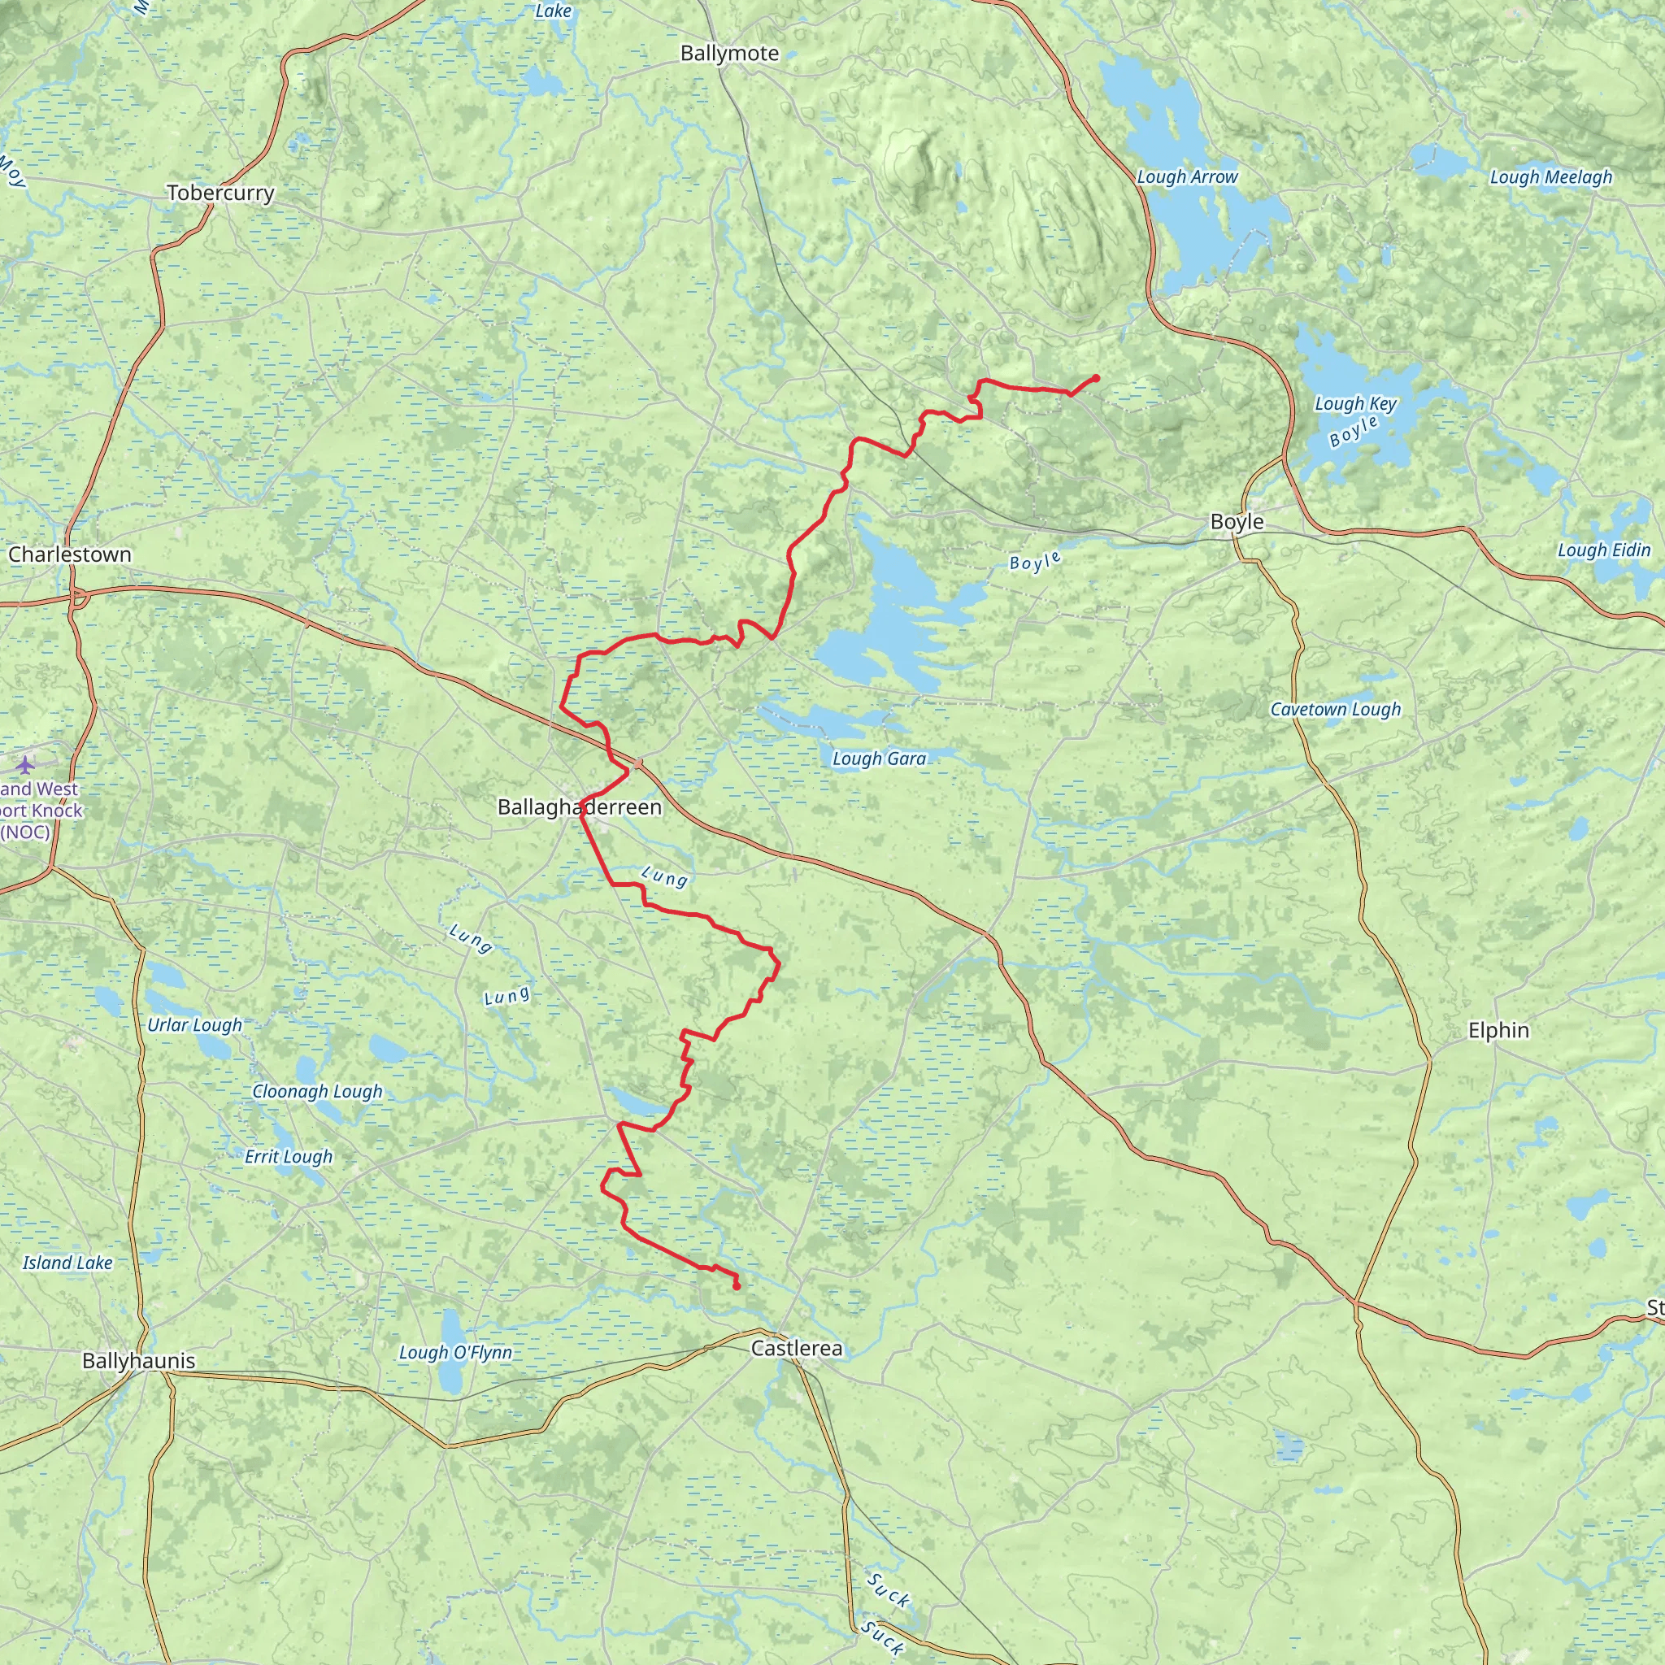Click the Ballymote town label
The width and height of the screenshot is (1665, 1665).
(729, 54)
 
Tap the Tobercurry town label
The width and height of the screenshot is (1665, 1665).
(220, 193)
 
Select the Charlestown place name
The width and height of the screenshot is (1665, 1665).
(70, 554)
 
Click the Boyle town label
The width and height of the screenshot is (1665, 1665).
(1237, 521)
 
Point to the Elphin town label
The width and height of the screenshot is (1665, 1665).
(1498, 1030)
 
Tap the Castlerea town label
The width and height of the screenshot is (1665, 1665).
(796, 1348)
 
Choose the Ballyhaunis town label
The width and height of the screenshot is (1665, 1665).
(139, 1361)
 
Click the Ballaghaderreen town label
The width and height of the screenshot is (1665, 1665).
(579, 806)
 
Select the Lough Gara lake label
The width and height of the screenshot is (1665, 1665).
(879, 759)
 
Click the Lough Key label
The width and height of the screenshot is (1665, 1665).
(1354, 403)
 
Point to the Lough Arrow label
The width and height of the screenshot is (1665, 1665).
(1187, 176)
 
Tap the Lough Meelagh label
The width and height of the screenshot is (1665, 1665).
(1550, 176)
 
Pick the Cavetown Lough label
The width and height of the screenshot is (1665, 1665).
(1335, 709)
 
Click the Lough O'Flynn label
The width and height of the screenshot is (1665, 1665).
(455, 1352)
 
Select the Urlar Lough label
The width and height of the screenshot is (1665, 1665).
(195, 1024)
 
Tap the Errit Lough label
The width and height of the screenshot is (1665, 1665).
(288, 1157)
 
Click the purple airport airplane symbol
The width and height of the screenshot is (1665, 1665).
(25, 763)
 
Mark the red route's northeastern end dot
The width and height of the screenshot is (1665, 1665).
(1095, 377)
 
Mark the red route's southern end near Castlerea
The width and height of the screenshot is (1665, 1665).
(737, 1287)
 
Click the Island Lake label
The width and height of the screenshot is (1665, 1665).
(67, 1263)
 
